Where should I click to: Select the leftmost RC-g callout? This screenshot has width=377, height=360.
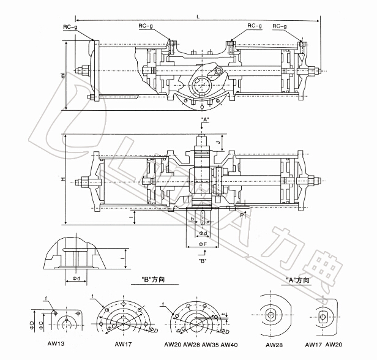click(x=70, y=27)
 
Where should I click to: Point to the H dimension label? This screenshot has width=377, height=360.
click(x=62, y=179)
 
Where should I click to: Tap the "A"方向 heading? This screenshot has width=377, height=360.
click(x=298, y=280)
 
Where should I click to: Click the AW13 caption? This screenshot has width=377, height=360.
click(x=56, y=345)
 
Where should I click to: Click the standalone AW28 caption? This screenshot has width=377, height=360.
click(x=273, y=345)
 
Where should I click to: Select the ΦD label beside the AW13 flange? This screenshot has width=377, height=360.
click(x=32, y=321)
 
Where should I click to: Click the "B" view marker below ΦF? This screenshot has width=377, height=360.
click(x=203, y=261)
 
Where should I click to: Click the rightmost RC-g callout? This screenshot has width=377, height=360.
click(x=280, y=26)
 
